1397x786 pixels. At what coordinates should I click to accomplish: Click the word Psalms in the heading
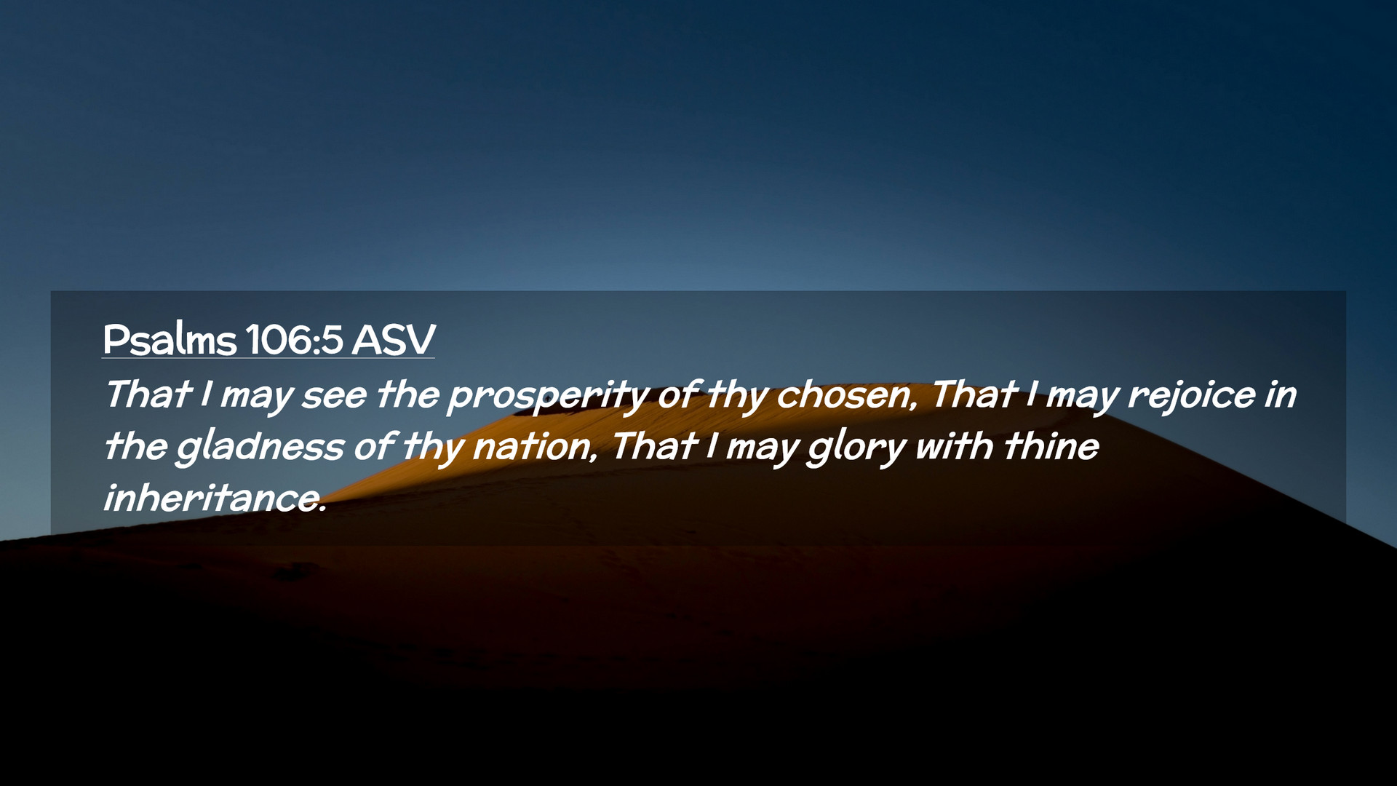[x=170, y=339]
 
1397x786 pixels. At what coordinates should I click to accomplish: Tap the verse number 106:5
[x=294, y=339]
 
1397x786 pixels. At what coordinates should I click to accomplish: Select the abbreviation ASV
[x=393, y=339]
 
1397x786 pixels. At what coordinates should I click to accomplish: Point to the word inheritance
[x=213, y=498]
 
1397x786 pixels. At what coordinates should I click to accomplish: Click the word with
[x=953, y=445]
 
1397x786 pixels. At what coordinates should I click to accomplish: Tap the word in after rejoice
[x=1281, y=395]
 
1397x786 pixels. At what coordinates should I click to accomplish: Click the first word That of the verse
[x=148, y=394]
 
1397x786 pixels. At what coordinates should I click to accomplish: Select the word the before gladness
[x=135, y=445]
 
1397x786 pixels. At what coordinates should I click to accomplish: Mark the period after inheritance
[x=322, y=510]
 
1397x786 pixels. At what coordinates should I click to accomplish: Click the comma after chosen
[x=913, y=408]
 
